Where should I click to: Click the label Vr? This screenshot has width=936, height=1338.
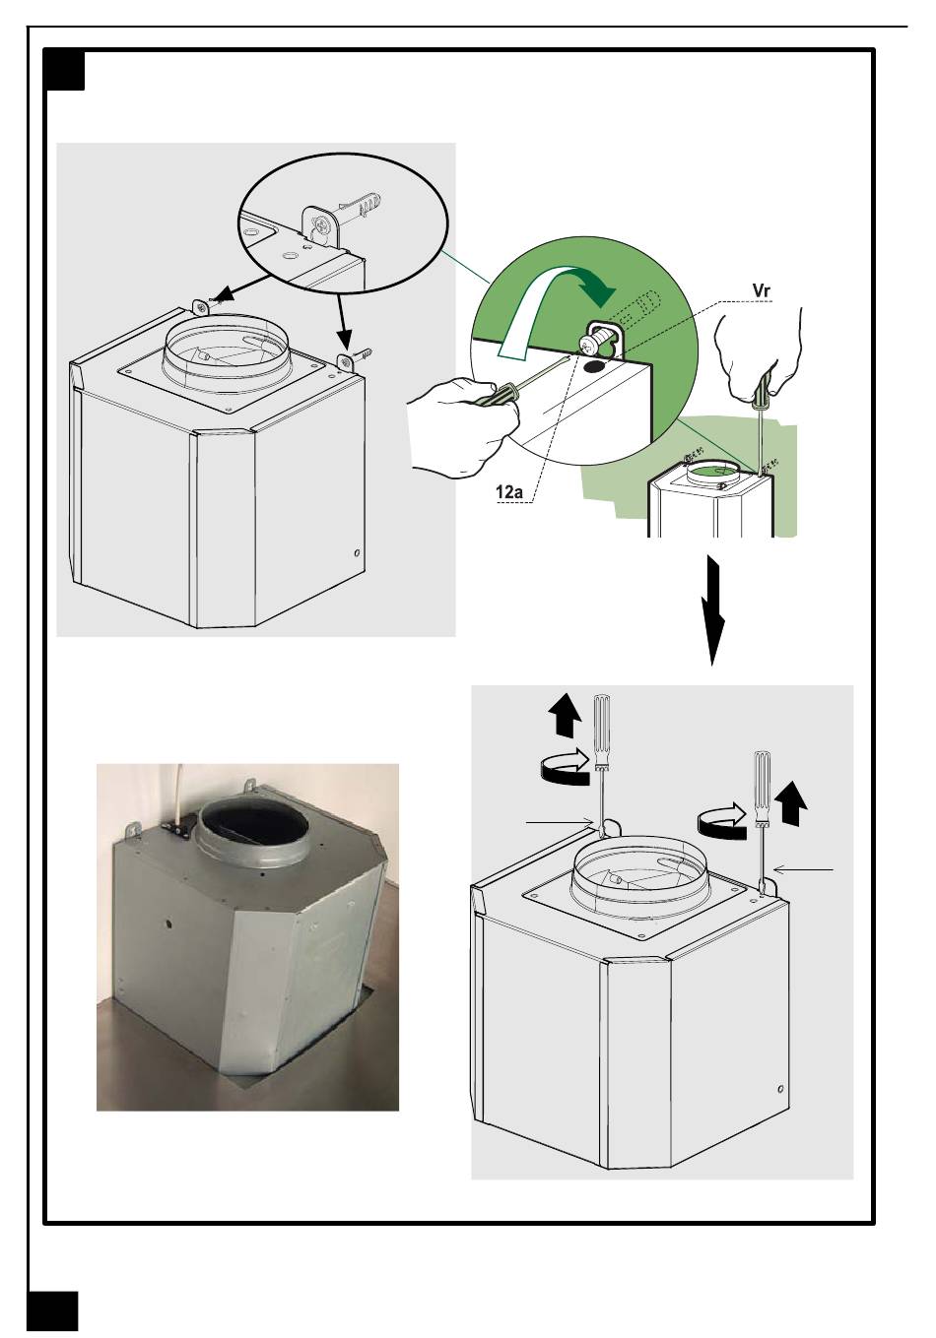[x=761, y=290]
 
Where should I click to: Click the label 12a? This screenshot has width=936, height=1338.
[x=509, y=491]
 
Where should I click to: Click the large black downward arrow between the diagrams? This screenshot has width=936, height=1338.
[x=712, y=609]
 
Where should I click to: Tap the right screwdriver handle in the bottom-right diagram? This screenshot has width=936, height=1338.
[x=763, y=788]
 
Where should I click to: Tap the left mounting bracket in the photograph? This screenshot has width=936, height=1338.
[x=132, y=830]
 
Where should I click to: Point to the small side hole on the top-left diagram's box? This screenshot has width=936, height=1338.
[x=357, y=552]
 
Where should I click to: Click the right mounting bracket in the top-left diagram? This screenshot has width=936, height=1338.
[x=346, y=362]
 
